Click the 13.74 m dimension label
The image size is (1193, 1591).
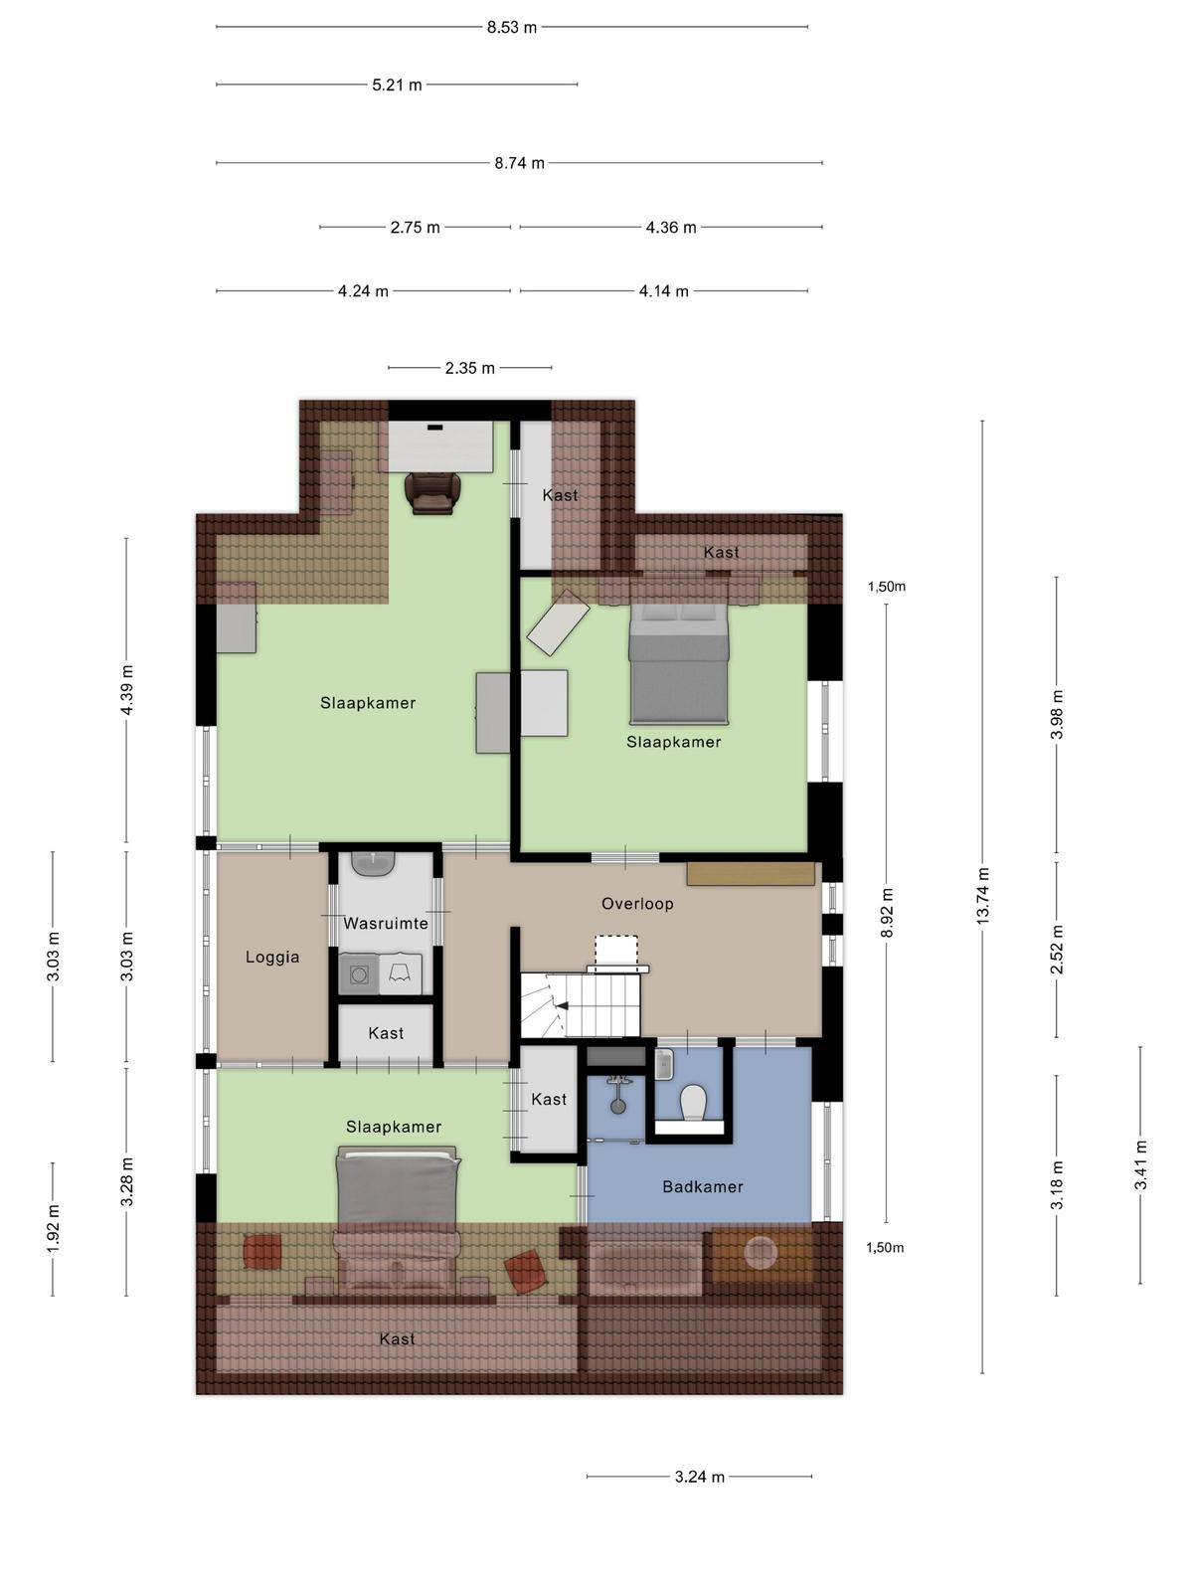982,896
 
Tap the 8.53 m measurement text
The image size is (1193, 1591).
511,28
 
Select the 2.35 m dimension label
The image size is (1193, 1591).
469,368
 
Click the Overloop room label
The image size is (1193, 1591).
637,904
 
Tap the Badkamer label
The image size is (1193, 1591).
703,1186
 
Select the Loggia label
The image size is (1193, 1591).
272,957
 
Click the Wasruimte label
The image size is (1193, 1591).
386,924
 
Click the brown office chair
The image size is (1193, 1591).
433,493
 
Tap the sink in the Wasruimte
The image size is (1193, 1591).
373,862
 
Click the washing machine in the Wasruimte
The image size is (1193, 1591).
359,974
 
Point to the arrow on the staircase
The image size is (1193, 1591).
562,1005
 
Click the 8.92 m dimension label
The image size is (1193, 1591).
887,912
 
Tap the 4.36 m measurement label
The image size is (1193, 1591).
671,228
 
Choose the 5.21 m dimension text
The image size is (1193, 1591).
397,85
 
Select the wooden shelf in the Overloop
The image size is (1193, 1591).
751,873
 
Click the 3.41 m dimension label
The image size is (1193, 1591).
1141,1164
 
